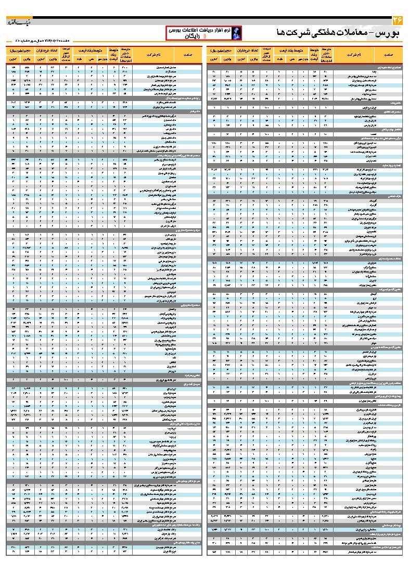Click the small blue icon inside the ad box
[235, 33]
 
